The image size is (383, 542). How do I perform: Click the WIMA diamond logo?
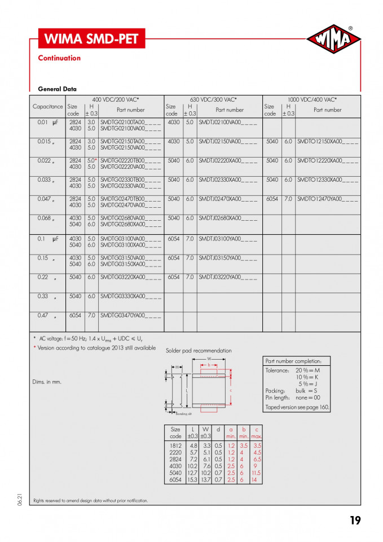pyautogui.click(x=334, y=39)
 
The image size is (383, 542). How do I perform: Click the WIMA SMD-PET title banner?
pyautogui.click(x=90, y=39)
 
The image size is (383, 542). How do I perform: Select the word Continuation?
pyautogui.click(x=59, y=58)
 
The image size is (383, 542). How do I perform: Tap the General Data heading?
pyautogui.click(x=57, y=89)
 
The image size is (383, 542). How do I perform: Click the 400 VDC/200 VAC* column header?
pyautogui.click(x=116, y=99)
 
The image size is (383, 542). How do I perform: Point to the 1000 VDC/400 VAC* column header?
pyautogui.click(x=312, y=99)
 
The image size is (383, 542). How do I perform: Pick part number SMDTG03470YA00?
pyautogui.click(x=130, y=316)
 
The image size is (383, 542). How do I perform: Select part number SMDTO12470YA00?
pyautogui.click(x=327, y=199)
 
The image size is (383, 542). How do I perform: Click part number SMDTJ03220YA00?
pyautogui.click(x=228, y=277)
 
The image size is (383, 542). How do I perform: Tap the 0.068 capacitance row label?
pyautogui.click(x=45, y=218)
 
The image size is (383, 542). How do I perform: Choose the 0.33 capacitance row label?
pyautogui.click(x=43, y=296)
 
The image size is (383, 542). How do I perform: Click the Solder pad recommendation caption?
pyautogui.click(x=199, y=351)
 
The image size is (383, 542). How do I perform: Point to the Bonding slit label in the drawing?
pyautogui.click(x=184, y=414)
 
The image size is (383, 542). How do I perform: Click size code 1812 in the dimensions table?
pyautogui.click(x=175, y=445)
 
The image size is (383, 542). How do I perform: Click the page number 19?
pyautogui.click(x=355, y=520)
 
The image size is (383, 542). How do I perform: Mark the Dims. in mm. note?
pyautogui.click(x=47, y=382)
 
